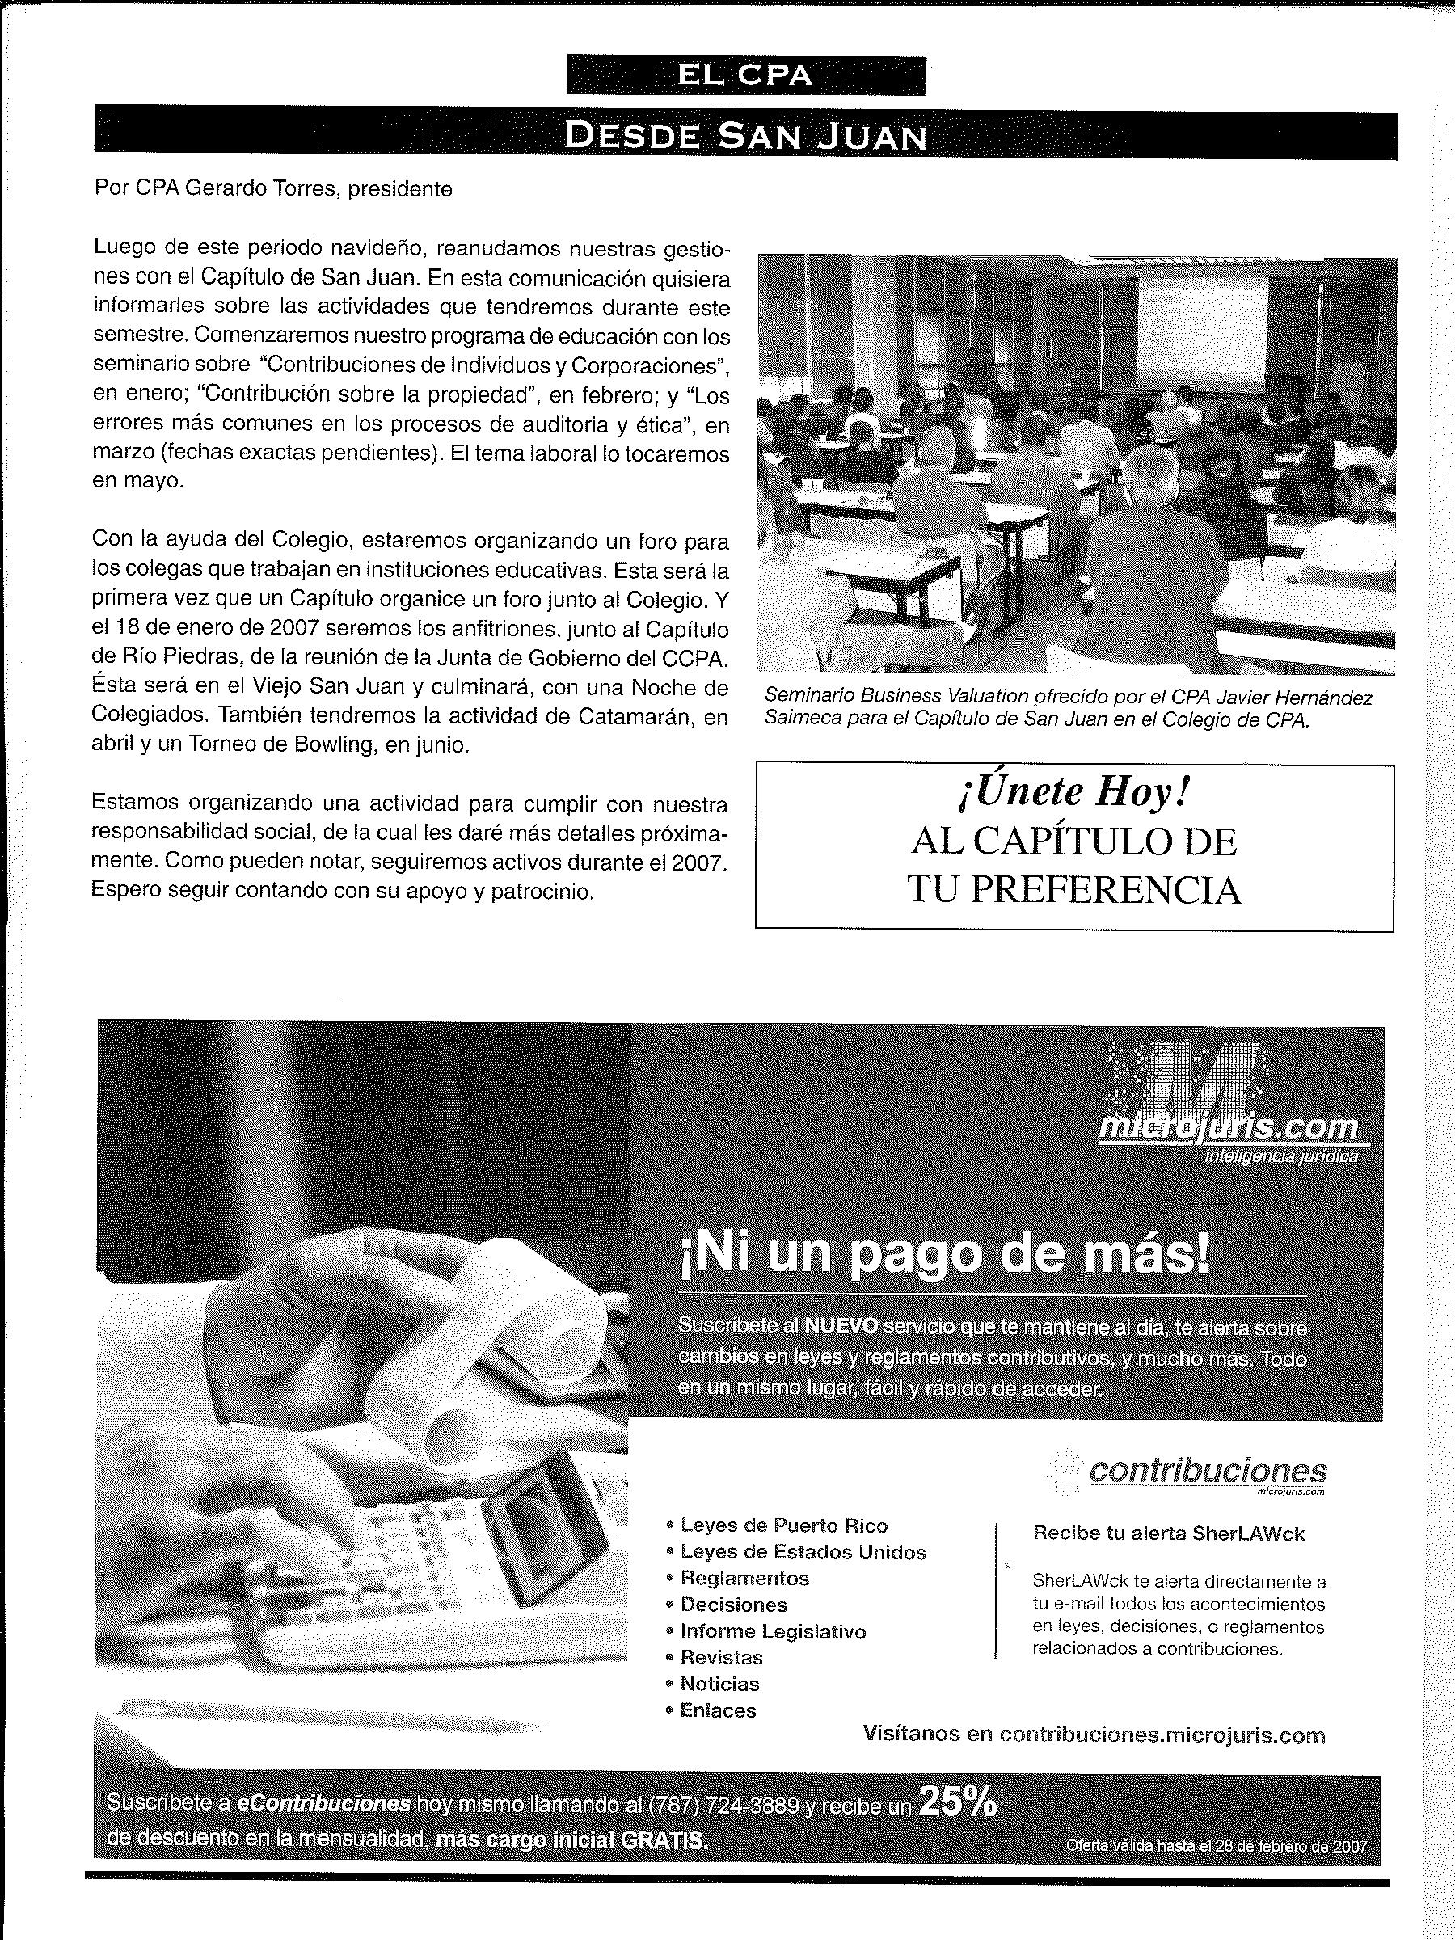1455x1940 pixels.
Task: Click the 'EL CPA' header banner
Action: [745, 75]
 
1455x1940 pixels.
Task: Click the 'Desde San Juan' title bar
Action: [745, 136]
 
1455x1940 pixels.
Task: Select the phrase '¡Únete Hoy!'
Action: [1073, 794]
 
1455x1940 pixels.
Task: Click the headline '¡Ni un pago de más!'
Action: [943, 1255]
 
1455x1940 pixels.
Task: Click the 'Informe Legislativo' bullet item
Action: [773, 1631]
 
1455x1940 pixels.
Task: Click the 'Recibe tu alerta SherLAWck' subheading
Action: [1168, 1533]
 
